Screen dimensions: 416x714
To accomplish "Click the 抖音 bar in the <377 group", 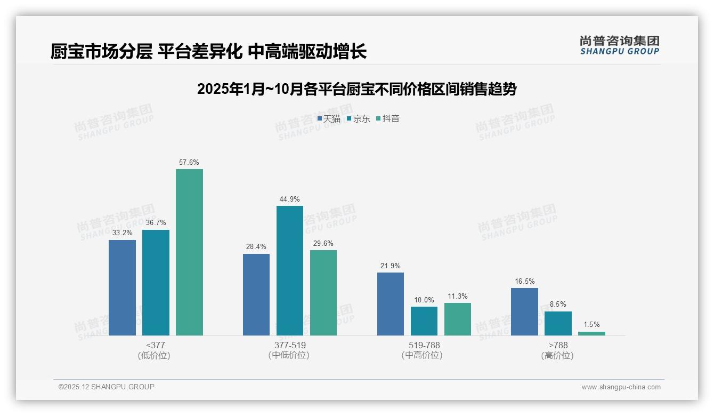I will tap(189, 252).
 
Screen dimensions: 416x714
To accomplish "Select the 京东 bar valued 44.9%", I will tap(290, 270).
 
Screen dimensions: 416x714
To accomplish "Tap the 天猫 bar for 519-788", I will tap(391, 304).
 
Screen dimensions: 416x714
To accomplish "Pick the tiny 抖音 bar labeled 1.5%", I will tap(591, 333).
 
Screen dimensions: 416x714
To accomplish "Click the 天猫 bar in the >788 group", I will tap(524, 311).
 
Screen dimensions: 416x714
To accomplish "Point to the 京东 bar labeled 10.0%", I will tap(424, 321).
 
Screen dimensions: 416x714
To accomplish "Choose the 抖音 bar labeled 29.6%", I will tap(323, 293).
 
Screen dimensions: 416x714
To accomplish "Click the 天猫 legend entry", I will tap(329, 119).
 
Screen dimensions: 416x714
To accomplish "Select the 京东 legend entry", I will tap(358, 119).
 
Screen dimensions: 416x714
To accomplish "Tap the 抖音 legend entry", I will tap(388, 119).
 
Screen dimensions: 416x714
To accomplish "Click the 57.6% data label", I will tap(189, 163).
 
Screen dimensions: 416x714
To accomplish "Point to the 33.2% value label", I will tap(122, 233).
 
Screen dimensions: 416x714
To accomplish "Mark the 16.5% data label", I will tap(524, 281).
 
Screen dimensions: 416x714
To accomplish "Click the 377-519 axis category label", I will tap(290, 345).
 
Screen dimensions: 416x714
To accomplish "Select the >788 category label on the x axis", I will tap(557, 345).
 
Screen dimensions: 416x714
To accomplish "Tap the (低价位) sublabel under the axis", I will tap(155, 355).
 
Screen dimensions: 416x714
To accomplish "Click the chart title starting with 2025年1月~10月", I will tap(356, 89).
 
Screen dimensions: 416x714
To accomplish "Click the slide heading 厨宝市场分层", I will tap(208, 52).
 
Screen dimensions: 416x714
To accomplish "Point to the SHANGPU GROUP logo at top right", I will tap(619, 45).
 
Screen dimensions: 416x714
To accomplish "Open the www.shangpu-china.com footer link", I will tap(621, 387).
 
